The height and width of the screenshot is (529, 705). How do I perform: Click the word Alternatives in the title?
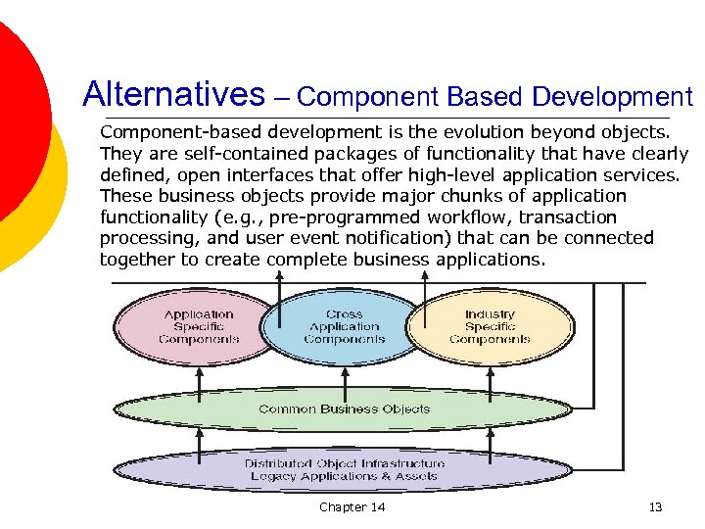(x=174, y=95)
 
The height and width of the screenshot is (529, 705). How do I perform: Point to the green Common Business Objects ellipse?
(x=343, y=409)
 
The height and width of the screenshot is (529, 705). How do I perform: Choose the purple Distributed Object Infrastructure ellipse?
(x=343, y=469)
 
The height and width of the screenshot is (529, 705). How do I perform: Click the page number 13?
(x=656, y=506)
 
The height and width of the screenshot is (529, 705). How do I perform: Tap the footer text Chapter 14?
(x=352, y=506)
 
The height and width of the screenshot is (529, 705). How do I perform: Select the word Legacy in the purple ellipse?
(x=274, y=476)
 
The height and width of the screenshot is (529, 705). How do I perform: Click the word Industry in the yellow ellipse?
(x=490, y=314)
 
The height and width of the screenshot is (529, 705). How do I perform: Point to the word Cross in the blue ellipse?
(x=344, y=314)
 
